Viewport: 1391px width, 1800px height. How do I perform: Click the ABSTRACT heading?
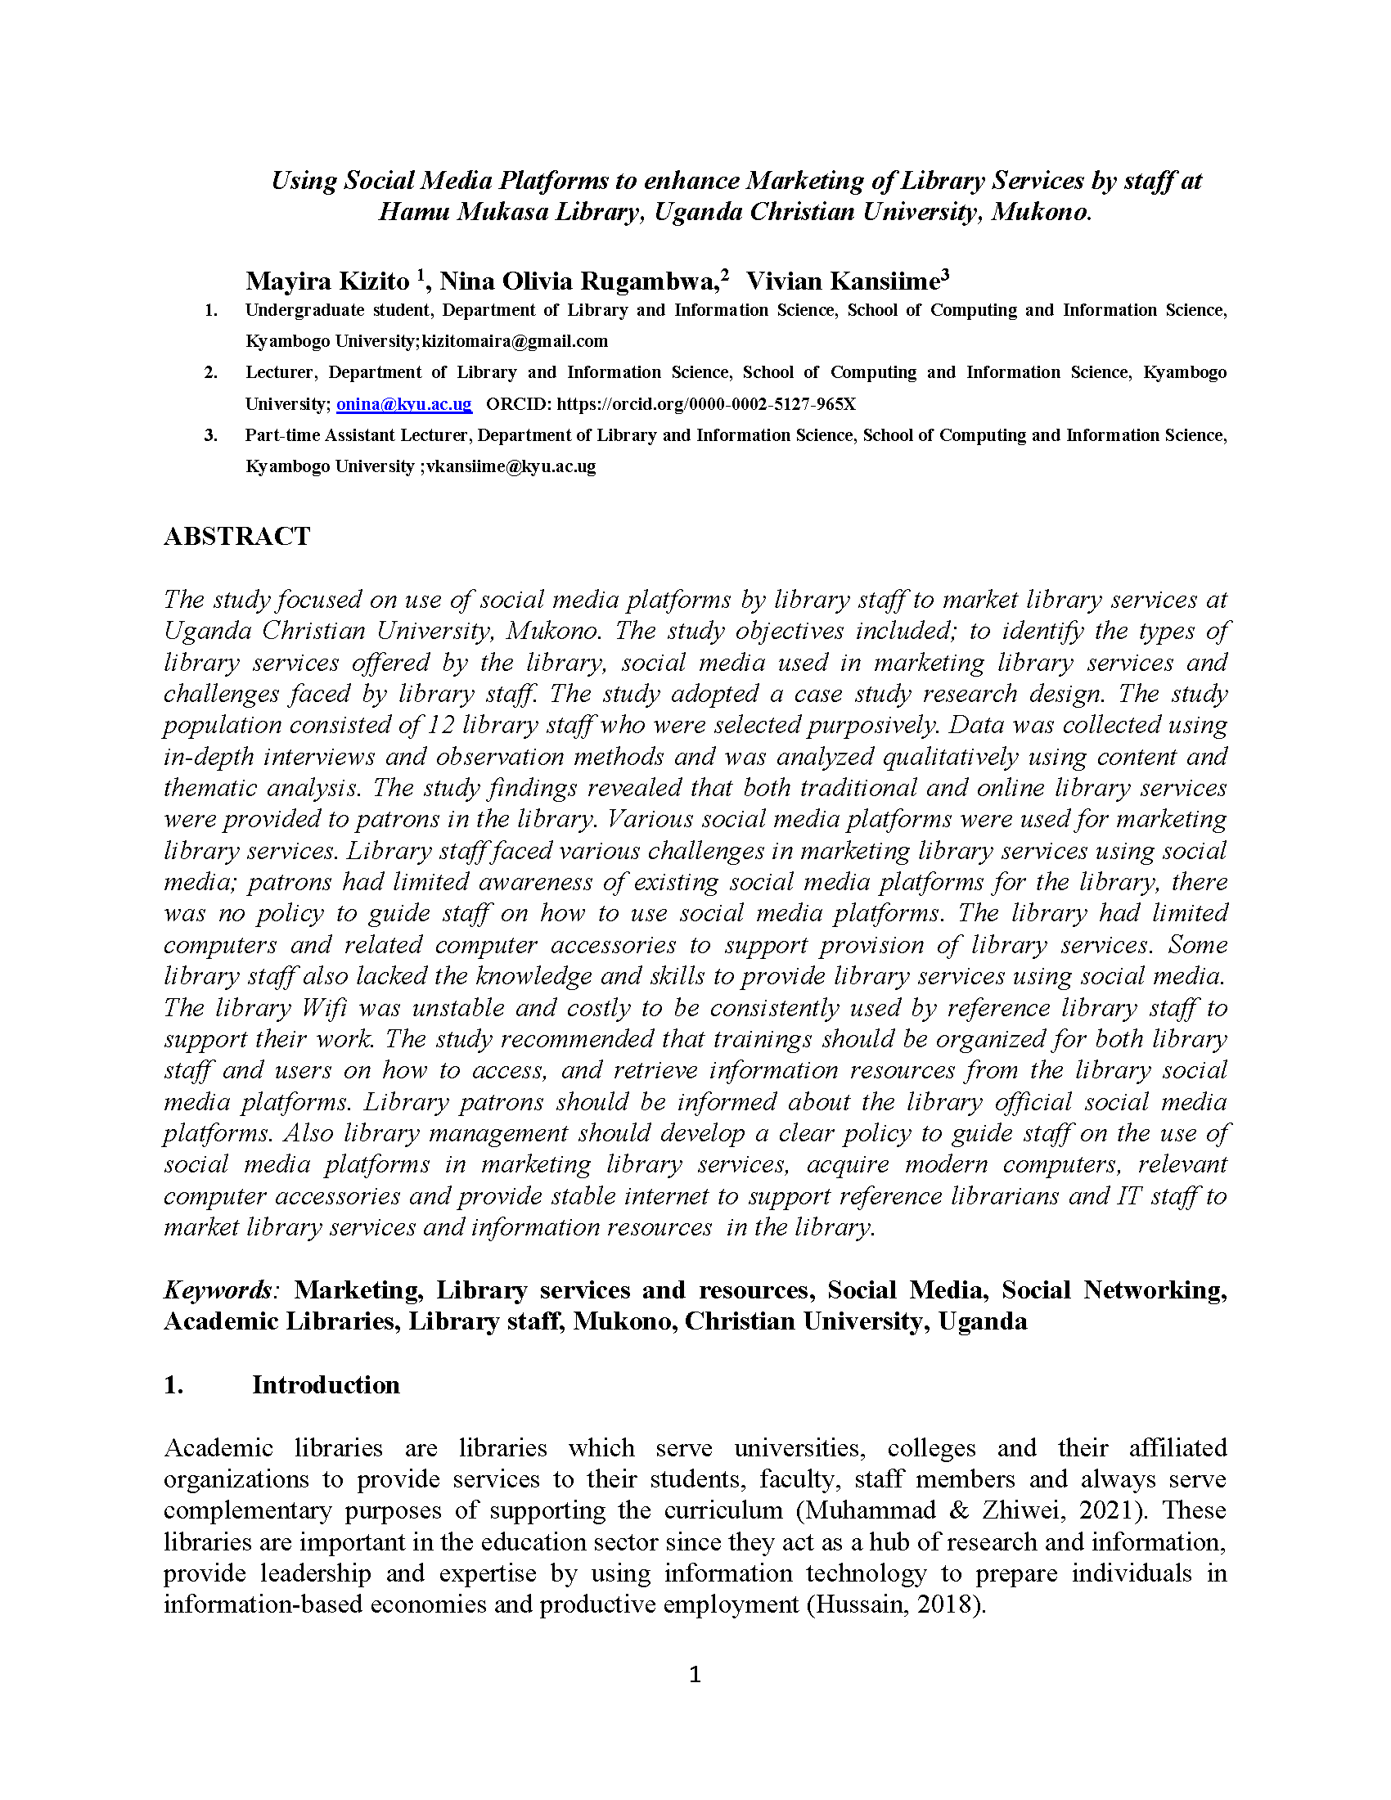236,537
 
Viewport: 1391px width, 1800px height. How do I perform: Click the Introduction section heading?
326,1384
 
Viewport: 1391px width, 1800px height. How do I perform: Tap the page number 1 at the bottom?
695,1674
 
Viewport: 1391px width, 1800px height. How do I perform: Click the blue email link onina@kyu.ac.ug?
403,404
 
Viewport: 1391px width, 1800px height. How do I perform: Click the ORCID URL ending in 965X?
706,404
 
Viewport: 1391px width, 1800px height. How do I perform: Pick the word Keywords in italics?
218,1289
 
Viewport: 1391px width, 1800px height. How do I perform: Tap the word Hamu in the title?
414,213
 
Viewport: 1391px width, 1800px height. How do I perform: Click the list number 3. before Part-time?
211,435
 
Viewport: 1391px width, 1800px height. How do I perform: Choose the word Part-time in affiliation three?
280,435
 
